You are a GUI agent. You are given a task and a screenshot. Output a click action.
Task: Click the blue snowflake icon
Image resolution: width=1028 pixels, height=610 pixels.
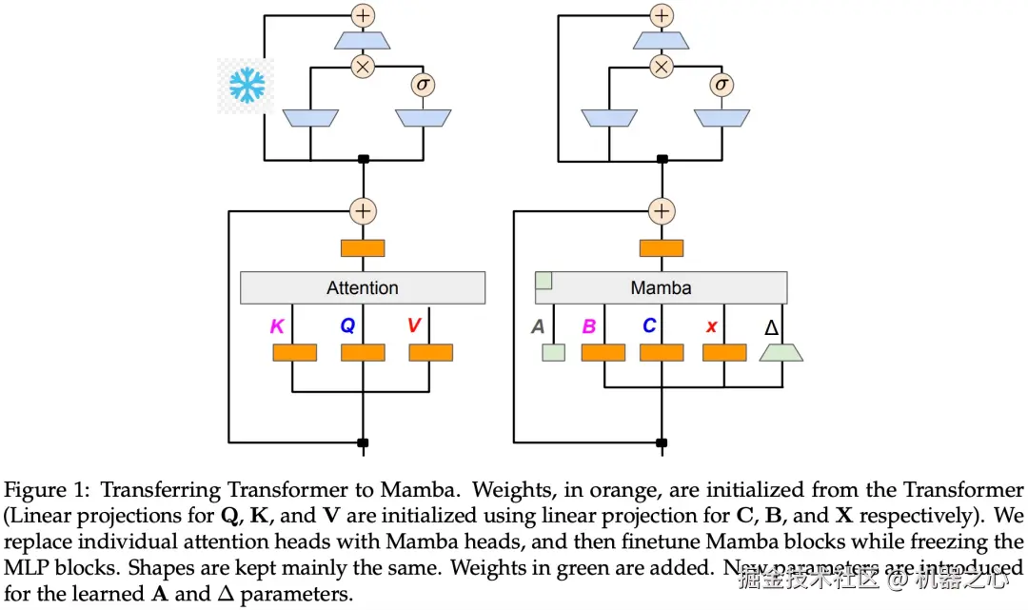247,86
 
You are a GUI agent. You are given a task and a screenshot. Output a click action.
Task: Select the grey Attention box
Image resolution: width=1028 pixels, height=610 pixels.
363,287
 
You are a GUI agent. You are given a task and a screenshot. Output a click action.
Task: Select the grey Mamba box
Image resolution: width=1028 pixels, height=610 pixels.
662,287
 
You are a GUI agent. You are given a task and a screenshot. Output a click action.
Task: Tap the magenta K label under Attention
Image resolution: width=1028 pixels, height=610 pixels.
277,326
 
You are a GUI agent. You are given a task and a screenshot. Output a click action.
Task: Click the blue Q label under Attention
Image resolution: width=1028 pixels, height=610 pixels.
347,326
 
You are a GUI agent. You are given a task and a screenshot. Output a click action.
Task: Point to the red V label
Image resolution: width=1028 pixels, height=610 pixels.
414,326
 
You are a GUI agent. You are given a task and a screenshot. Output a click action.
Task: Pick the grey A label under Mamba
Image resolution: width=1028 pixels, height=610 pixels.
538,327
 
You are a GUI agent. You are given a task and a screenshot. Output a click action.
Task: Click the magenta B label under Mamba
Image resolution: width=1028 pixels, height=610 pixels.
589,327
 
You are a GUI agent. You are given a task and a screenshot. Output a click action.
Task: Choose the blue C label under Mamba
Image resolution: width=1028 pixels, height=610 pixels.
649,326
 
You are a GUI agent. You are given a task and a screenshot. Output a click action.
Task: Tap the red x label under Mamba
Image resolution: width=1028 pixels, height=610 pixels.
711,327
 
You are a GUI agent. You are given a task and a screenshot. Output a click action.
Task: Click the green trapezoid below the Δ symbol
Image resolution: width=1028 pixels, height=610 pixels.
781,352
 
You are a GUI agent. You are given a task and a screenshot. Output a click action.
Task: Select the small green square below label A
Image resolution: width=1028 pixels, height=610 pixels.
553,352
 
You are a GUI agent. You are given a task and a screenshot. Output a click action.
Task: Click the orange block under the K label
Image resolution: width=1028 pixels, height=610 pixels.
295,352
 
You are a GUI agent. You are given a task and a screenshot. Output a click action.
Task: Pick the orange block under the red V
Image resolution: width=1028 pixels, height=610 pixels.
431,352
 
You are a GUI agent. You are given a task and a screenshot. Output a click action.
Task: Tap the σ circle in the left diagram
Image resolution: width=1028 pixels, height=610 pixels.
423,85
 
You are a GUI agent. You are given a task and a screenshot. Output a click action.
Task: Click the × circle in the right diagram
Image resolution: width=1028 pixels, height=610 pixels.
661,66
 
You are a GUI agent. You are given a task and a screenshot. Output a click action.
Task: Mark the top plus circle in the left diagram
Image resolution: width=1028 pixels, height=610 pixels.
363,15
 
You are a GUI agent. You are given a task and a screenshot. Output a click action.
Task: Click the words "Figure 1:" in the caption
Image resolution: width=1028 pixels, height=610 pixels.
49,491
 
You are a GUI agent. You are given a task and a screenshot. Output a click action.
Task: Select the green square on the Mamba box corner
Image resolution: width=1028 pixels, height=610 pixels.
544,280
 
